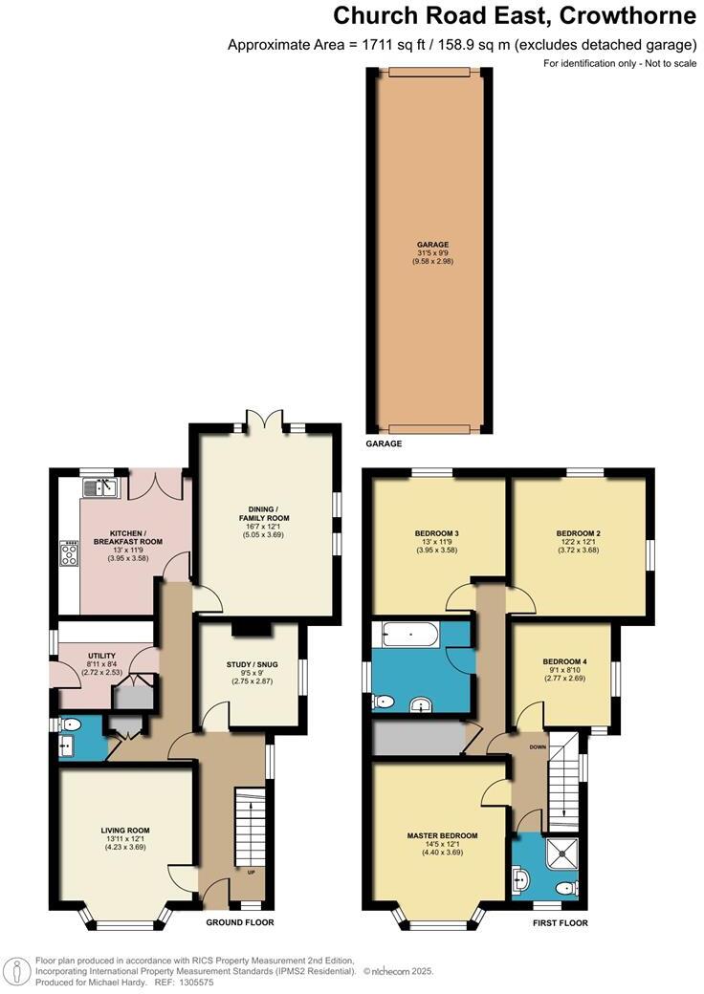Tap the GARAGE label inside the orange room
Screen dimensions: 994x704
(430, 245)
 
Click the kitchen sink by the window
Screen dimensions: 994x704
(99, 488)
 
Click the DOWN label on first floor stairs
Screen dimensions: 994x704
(538, 746)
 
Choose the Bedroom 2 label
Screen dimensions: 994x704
(578, 533)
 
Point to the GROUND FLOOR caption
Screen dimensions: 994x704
(240, 922)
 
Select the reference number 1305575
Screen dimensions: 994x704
(195, 982)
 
